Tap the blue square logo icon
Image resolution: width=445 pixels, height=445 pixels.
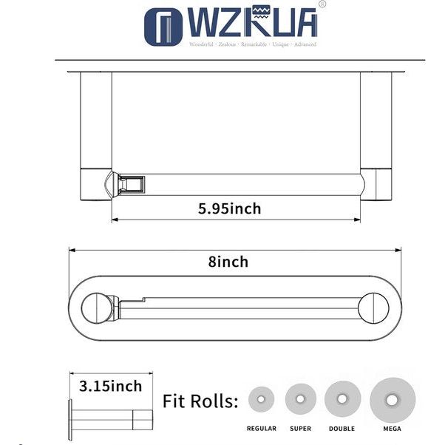164,27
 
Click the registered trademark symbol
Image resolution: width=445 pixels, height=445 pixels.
322,4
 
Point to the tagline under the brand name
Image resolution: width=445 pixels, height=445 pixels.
253,45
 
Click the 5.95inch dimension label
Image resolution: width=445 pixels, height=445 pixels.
229,208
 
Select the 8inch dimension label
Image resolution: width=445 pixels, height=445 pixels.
228,262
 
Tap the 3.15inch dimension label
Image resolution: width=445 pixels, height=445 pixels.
110,385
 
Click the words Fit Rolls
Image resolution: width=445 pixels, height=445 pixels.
200,401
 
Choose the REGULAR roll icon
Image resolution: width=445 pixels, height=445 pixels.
262,399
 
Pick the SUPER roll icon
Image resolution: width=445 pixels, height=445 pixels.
300,399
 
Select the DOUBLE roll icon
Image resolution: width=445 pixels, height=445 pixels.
342,399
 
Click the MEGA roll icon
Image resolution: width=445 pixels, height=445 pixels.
393,399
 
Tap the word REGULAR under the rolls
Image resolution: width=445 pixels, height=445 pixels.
262,429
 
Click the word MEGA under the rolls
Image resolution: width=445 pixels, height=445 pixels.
393,429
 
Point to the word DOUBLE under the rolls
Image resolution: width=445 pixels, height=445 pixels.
341,429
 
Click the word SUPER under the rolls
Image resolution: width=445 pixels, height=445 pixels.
301,429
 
